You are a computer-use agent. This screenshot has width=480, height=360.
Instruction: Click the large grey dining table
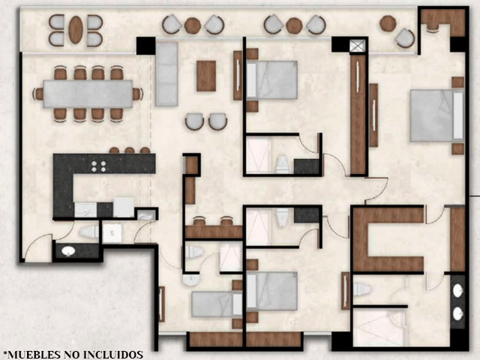point(88,94)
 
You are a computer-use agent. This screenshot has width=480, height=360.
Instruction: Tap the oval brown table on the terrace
point(76,30)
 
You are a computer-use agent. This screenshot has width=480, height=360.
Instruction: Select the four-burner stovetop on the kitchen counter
point(98,166)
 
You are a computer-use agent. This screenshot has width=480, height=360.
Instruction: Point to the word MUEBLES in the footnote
point(34,355)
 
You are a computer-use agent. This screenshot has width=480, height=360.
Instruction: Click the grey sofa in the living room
point(166,74)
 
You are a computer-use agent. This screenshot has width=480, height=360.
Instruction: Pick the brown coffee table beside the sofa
point(206,76)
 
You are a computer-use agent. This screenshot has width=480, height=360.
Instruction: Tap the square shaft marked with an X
point(358,46)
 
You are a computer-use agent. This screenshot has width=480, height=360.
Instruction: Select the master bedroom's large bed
point(437,115)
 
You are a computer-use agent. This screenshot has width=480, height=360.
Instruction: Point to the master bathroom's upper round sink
point(458,290)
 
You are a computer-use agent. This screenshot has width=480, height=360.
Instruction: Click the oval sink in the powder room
point(68,251)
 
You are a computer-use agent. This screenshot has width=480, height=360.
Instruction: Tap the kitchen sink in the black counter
point(85,210)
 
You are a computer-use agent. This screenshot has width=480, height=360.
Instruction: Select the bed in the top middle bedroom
point(271,80)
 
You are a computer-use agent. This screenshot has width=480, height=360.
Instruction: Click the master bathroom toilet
point(361,289)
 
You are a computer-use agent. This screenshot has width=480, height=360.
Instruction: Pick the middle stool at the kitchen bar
point(130,150)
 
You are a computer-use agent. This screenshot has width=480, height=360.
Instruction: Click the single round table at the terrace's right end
point(388,23)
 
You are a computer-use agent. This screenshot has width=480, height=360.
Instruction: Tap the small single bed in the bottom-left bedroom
point(217,304)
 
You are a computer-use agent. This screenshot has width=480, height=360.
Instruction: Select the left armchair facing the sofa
point(194,121)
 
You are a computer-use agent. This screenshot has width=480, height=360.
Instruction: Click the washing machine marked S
point(112,233)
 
